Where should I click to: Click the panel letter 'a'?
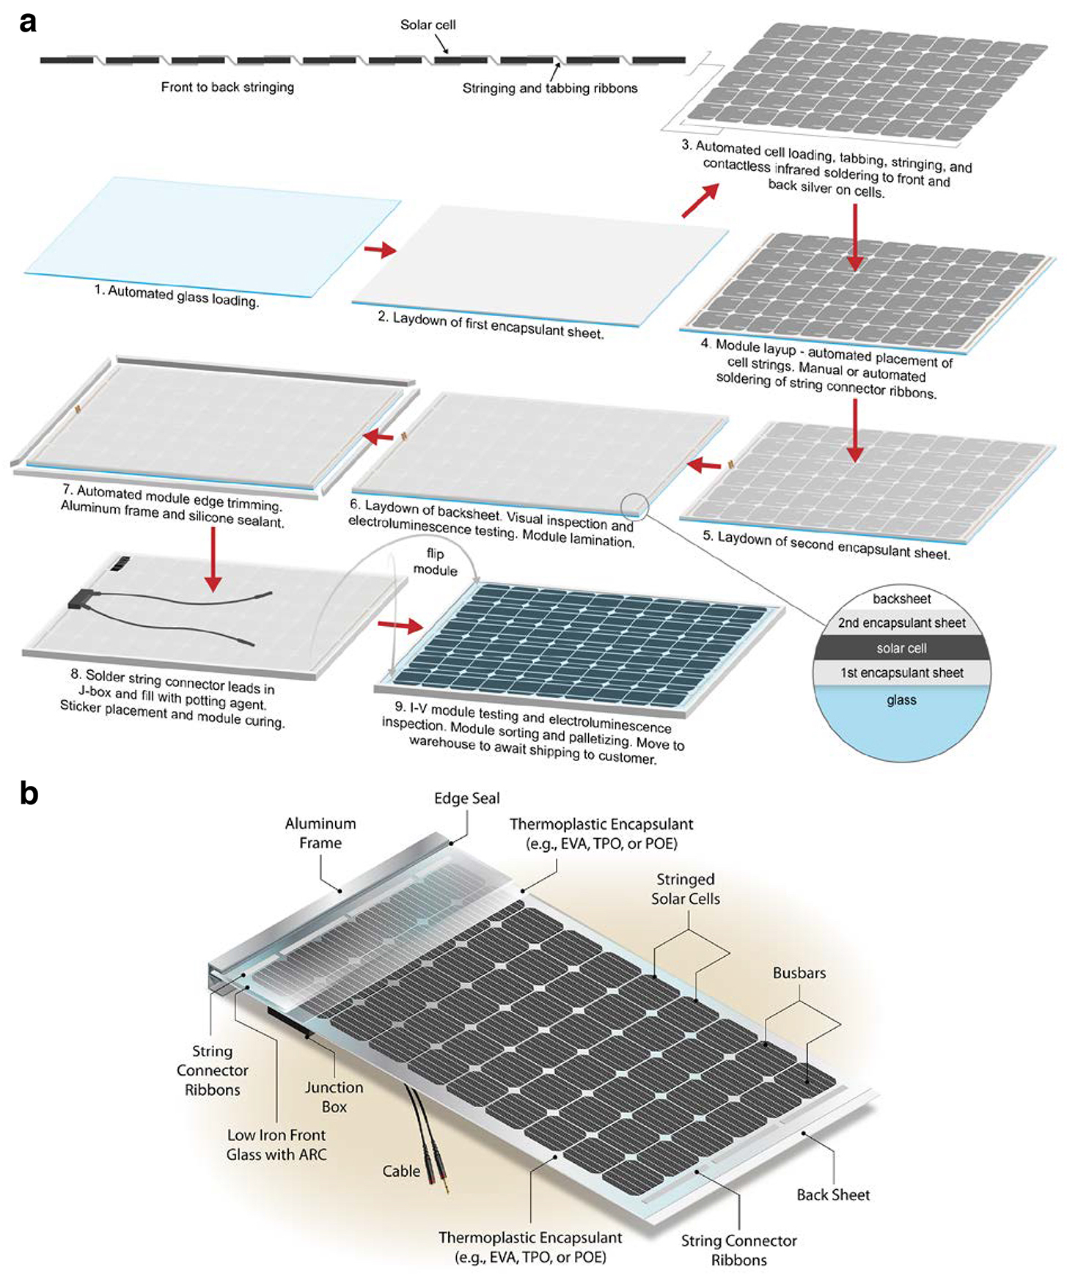tap(28, 23)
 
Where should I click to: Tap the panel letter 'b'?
tap(29, 793)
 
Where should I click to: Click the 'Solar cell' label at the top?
tap(428, 25)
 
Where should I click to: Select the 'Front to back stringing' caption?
tap(227, 87)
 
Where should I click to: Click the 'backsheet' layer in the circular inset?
tap(901, 598)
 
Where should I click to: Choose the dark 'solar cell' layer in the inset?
tap(901, 648)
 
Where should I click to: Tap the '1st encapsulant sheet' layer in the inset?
tap(902, 673)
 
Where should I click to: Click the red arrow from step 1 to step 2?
tap(380, 250)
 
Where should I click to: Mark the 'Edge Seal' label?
tap(466, 798)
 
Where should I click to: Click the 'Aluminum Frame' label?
tap(320, 834)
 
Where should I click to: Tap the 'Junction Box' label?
tap(334, 1097)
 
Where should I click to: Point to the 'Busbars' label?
tap(799, 973)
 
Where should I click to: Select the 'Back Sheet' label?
tap(833, 1194)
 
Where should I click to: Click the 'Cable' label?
tap(401, 1171)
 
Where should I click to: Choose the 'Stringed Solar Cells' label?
tap(686, 889)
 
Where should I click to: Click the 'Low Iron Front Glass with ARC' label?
tap(276, 1144)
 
